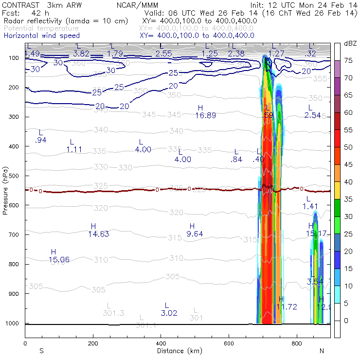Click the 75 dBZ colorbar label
(x=348, y=61)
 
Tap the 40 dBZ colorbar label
(x=348, y=182)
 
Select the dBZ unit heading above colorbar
(x=350, y=43)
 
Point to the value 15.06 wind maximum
(x=59, y=259)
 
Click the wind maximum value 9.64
(x=195, y=234)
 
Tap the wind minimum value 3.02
(x=169, y=313)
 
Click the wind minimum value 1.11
(x=74, y=149)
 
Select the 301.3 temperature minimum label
(x=113, y=313)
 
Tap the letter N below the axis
(x=322, y=351)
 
